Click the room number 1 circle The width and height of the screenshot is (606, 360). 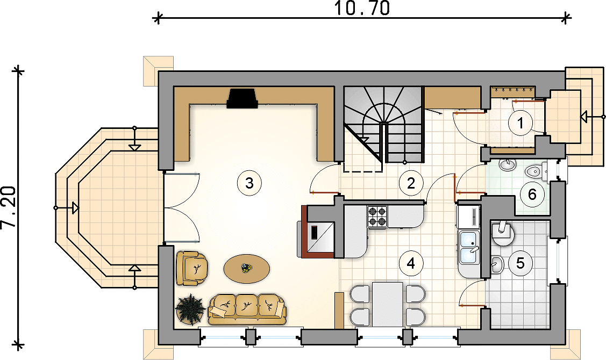tap(520, 123)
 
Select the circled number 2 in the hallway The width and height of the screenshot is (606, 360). tap(410, 183)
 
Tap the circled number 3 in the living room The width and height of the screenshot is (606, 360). tap(249, 183)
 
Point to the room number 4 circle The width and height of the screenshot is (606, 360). tap(410, 263)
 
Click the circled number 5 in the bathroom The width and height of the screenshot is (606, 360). tap(520, 263)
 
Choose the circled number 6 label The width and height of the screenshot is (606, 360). tap(532, 195)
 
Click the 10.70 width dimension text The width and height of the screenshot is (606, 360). tap(362, 9)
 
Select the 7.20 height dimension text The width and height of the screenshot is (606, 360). tap(9, 207)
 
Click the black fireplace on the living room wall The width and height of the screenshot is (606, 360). tap(243, 98)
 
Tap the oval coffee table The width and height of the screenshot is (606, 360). tap(247, 268)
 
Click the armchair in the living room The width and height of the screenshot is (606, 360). tap(192, 269)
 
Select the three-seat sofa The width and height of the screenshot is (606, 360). tap(247, 309)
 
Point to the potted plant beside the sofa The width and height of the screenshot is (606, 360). tap(190, 308)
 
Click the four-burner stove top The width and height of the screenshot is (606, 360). tap(377, 216)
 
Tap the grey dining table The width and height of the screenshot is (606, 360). tap(388, 304)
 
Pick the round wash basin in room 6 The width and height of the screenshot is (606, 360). tap(508, 165)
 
